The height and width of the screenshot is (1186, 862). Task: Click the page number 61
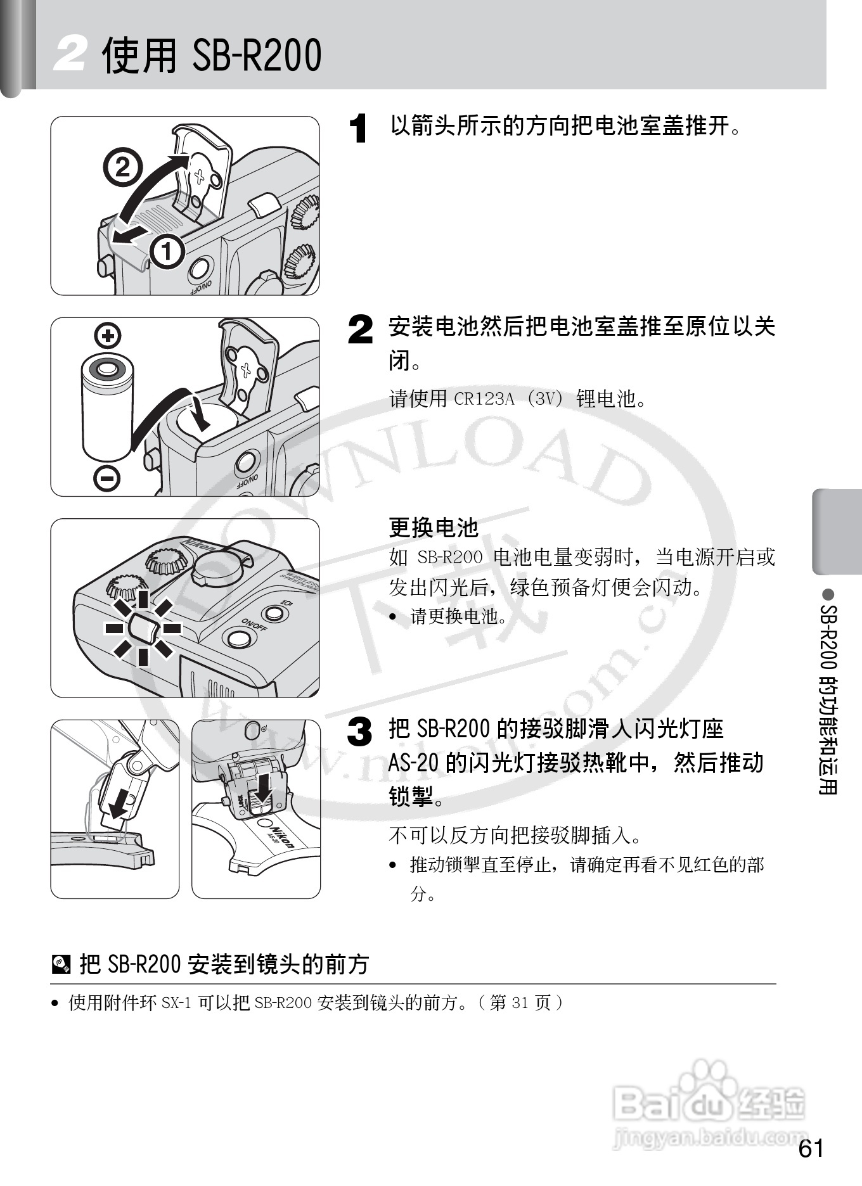[811, 1148]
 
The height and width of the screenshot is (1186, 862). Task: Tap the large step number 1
[359, 129]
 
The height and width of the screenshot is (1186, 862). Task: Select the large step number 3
[360, 732]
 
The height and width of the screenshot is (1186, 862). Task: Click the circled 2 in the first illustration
[123, 167]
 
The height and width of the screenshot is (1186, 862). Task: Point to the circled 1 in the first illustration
[166, 252]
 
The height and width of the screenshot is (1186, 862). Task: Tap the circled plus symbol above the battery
[108, 335]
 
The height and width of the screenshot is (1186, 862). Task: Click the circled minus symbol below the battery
[107, 478]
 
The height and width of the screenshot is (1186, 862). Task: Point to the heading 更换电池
[434, 527]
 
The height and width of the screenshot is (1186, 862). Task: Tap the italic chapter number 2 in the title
[70, 54]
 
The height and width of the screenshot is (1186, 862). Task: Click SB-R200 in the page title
[256, 55]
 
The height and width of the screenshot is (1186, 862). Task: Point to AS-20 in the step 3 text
[414, 763]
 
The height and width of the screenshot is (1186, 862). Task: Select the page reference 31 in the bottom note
[520, 1003]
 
